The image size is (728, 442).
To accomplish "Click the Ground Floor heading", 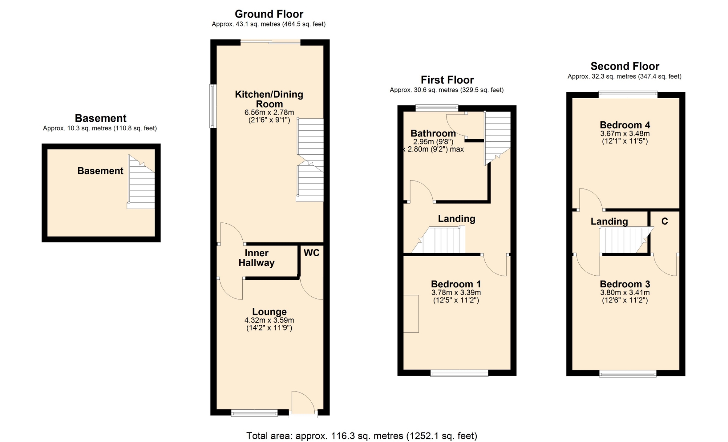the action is coord(269,14).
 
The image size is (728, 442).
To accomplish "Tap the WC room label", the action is coord(312,253).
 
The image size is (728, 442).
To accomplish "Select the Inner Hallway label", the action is coord(256,258).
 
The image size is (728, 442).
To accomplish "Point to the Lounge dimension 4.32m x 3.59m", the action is coord(269,320).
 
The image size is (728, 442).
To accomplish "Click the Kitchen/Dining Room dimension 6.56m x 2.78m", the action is coord(269,113).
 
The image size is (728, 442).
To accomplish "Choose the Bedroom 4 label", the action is coord(625,125).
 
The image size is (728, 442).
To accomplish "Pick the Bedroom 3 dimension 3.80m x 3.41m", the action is coord(625,293).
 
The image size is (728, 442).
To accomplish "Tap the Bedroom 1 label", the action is coord(456,284).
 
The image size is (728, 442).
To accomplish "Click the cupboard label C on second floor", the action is coord(665,221).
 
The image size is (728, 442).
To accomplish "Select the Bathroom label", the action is coord(433,133).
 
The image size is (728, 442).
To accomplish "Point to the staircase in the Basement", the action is coord(141,182).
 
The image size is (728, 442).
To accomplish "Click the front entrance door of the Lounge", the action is coord(303,404).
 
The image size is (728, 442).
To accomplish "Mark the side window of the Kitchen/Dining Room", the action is coord(213,106).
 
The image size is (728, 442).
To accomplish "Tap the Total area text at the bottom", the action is coord(362,436).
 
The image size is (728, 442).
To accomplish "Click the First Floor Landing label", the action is coord(457,219).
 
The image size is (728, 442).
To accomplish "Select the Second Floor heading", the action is coord(625,66).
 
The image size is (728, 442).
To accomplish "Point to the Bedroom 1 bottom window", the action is coord(459,373).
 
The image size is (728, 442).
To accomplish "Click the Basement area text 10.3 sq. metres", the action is coord(100,129).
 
